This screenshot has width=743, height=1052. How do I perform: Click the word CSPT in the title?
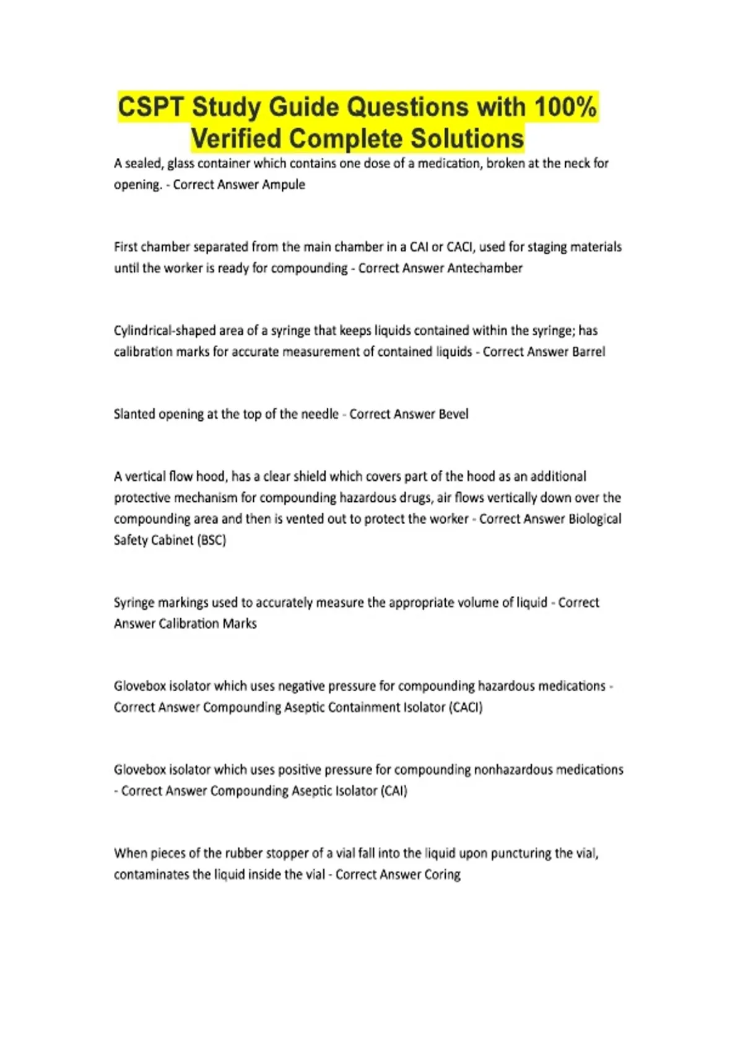pyautogui.click(x=150, y=107)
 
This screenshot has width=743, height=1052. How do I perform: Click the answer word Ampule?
pyautogui.click(x=284, y=184)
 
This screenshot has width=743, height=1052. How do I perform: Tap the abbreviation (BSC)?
pyautogui.click(x=212, y=540)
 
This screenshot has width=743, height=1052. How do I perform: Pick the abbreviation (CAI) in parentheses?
pyautogui.click(x=394, y=791)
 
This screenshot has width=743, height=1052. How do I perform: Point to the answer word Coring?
pyautogui.click(x=442, y=874)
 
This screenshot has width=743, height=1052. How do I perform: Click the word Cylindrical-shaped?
pyautogui.click(x=163, y=330)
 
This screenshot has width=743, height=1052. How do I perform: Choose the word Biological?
pyautogui.click(x=590, y=519)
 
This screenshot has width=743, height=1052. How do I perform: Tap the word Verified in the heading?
pyautogui.click(x=236, y=139)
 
